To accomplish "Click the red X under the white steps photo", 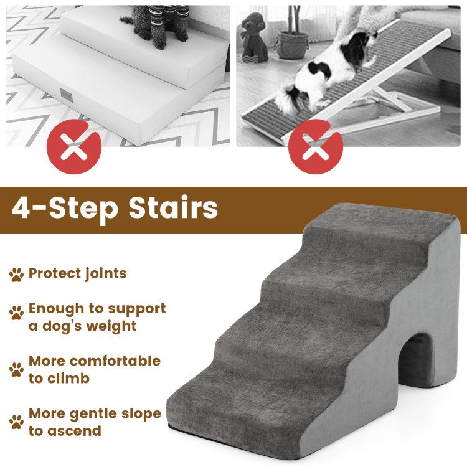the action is (x=74, y=147).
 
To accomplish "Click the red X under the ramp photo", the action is (x=316, y=147).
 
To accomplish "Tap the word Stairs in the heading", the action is (x=173, y=207).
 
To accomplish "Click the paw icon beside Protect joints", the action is (x=17, y=275).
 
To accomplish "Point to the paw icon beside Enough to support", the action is (x=17, y=312).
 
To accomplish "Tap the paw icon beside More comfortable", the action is (x=17, y=369).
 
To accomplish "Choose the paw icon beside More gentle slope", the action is (x=17, y=422).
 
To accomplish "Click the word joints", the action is (x=106, y=274).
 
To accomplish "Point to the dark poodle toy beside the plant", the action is (x=254, y=37).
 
